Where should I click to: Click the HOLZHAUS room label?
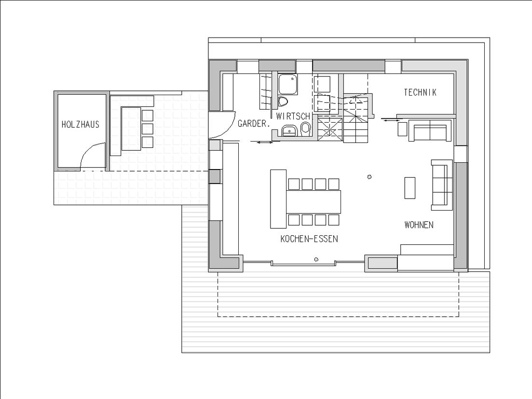pos(81,125)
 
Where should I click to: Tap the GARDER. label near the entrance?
pos(253,124)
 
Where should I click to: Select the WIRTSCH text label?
pos(293,116)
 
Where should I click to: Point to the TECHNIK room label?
pos(420,92)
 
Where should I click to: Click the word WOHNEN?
pos(419,225)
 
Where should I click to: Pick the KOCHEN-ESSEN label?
pos(309,239)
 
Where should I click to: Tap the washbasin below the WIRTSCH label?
pos(289,130)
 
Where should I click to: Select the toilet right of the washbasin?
pos(305,128)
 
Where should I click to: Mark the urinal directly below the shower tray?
pos(283,101)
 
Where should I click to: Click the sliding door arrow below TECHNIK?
pos(391,120)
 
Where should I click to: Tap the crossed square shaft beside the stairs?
pos(330,129)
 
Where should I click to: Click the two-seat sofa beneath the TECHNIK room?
pos(429,131)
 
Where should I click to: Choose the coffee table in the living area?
pos(409,188)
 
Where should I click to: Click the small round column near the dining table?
pos(369,177)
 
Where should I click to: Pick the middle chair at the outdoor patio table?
pos(147,129)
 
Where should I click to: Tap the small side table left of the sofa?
pos(402,129)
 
